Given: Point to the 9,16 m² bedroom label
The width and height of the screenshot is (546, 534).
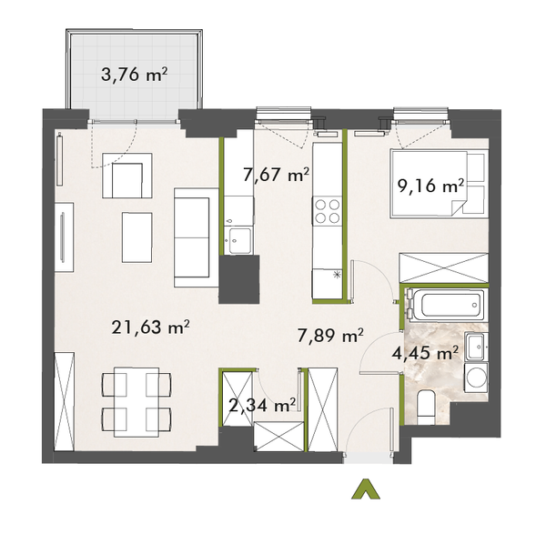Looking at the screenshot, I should [x=430, y=186].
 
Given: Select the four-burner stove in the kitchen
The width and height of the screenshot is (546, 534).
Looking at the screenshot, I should [x=328, y=212].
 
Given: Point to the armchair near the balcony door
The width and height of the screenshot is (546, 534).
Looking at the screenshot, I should [x=126, y=176].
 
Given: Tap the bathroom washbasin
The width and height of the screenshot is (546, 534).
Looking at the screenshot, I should [x=475, y=347].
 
